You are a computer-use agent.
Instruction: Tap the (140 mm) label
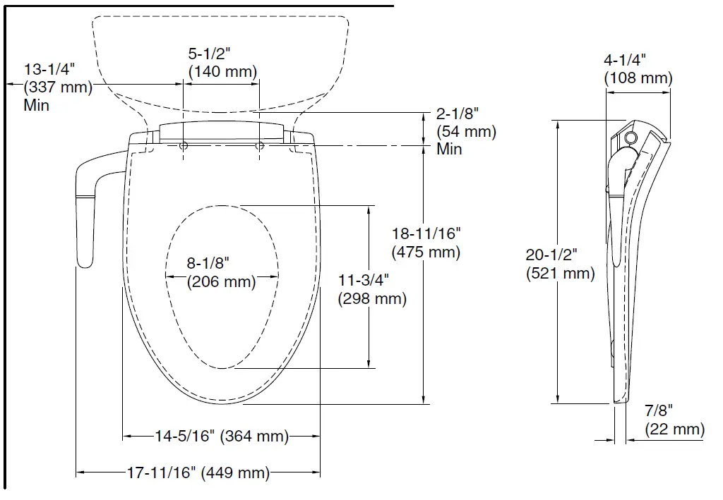point(223,71)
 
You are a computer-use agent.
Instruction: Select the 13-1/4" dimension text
point(49,69)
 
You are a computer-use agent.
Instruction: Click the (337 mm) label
point(58,87)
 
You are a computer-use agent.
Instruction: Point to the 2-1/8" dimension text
point(458,113)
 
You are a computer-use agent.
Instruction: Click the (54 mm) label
point(466,131)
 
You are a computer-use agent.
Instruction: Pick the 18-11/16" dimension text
point(426,233)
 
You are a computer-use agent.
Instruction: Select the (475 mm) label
point(426,252)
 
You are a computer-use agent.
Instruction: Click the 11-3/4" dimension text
point(363,280)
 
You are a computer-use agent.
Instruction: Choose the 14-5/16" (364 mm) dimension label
point(222,437)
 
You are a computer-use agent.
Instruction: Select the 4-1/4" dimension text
point(626,60)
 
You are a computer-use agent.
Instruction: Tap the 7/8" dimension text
point(659,410)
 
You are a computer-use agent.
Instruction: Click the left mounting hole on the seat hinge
point(184,146)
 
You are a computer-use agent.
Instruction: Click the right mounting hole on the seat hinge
point(259,146)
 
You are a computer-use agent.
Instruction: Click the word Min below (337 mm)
point(37,106)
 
